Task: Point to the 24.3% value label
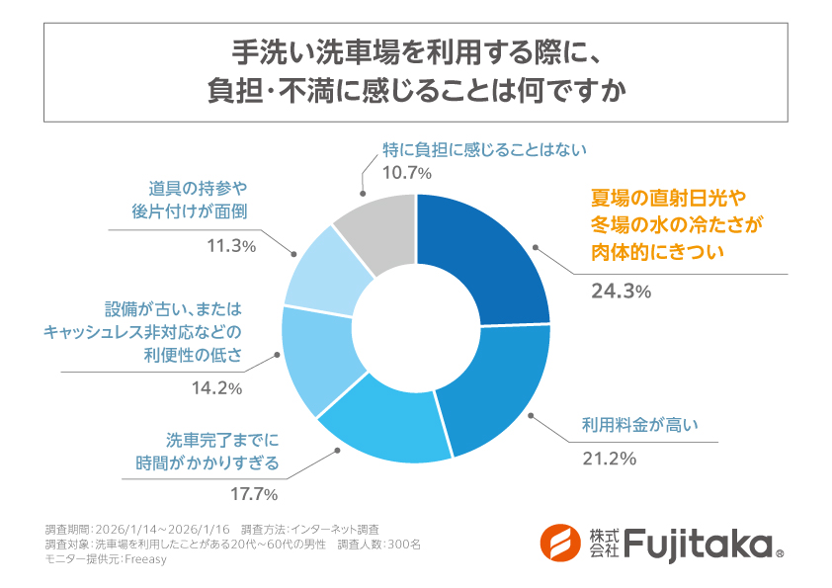[621, 291]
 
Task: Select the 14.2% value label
[215, 388]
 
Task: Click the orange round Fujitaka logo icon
[559, 543]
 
